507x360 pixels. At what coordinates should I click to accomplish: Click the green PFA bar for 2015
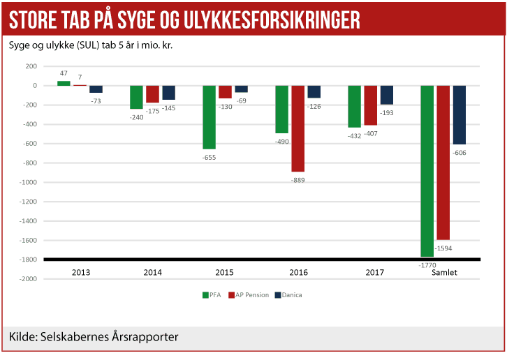tap(210, 117)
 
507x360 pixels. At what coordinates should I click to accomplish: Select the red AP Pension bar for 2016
tap(298, 128)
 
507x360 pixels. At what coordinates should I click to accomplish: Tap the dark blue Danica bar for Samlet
tap(460, 114)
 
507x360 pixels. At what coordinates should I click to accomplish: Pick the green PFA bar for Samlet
tap(427, 171)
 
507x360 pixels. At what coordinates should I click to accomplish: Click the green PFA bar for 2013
tap(64, 83)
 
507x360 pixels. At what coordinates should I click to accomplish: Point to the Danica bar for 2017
tap(387, 95)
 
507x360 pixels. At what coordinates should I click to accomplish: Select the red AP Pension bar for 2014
tap(153, 94)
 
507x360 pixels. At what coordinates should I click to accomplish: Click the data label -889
tap(298, 180)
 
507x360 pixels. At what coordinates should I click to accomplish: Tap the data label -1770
tap(427, 265)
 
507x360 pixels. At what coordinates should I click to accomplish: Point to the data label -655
tap(210, 157)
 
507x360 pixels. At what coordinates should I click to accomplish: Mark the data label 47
tap(64, 73)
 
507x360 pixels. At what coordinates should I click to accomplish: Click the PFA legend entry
tap(212, 295)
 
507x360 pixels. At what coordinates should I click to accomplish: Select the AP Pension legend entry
tap(249, 295)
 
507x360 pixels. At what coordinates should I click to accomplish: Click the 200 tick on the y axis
tap(31, 66)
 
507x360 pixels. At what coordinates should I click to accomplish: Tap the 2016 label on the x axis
tap(299, 272)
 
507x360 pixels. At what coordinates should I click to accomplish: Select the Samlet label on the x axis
tap(443, 272)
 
